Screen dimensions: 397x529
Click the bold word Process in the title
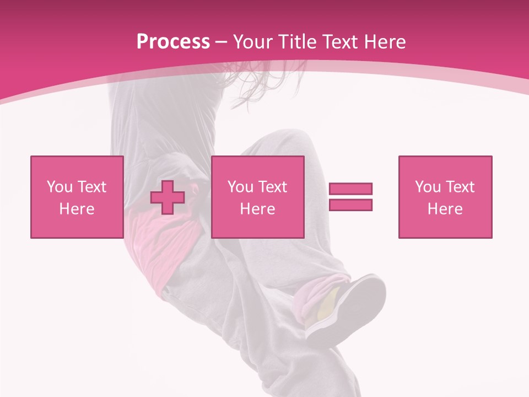pos(173,42)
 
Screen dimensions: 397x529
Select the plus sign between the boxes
pos(168,197)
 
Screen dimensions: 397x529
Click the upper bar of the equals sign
pos(350,189)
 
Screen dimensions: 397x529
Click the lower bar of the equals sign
pos(350,205)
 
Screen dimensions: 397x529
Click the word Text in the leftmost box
pos(92,187)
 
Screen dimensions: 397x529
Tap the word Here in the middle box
pos(257,209)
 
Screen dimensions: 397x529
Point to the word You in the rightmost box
pos(428,187)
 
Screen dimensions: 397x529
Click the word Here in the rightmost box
pos(445,209)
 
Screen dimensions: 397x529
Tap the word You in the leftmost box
pos(60,187)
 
